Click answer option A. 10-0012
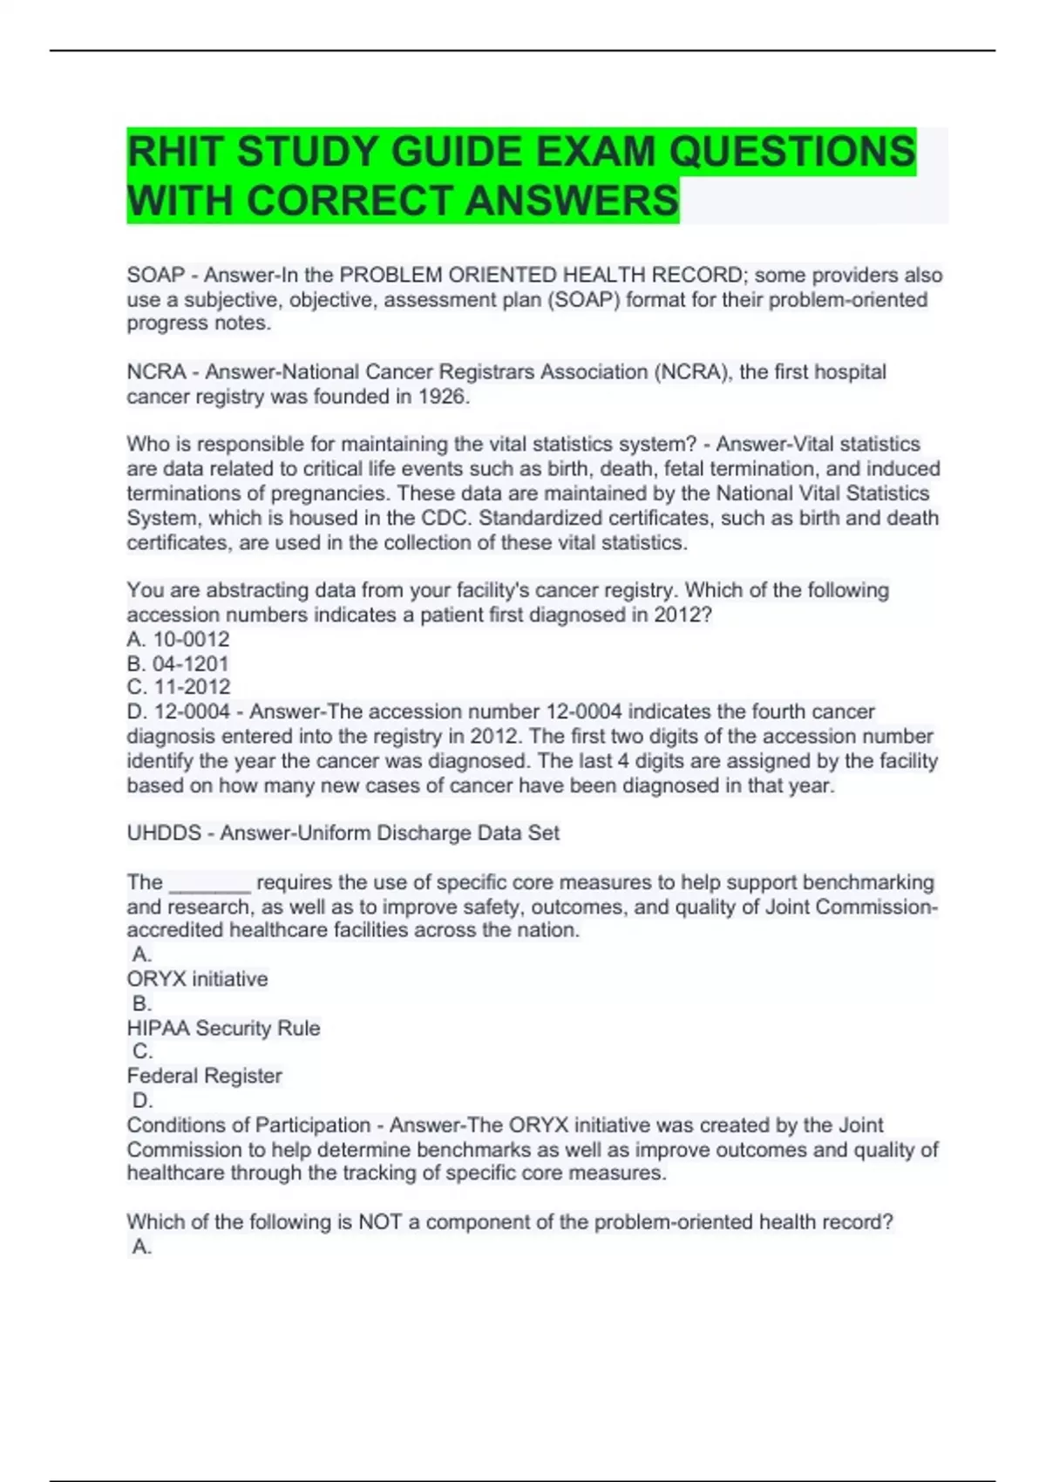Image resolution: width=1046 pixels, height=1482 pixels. pos(179,639)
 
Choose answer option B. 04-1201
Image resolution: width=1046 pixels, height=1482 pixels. pos(178,663)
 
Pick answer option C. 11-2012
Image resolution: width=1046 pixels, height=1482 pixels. pos(179,687)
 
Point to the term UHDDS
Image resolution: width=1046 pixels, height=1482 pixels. pos(164,833)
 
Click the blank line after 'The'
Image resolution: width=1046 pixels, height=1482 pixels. pos(210,883)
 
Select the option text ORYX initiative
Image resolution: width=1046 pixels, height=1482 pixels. pos(197,979)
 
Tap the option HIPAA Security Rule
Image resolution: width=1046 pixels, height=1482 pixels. pos(223,1028)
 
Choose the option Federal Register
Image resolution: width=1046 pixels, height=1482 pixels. pos(204,1076)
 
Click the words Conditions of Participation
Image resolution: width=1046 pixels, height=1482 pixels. pos(248,1125)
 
